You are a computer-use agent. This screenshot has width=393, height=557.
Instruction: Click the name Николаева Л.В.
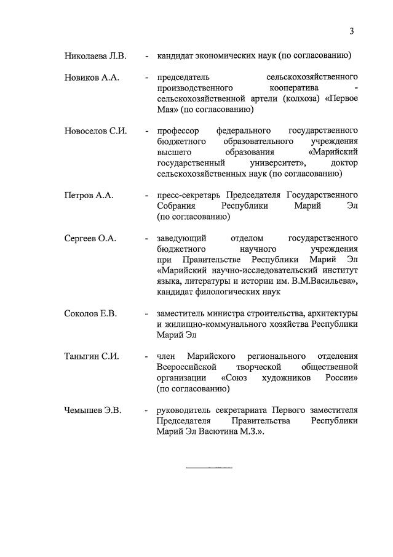point(95,56)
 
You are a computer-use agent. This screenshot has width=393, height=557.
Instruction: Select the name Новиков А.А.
point(92,78)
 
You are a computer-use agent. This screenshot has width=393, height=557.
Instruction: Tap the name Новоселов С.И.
point(95,131)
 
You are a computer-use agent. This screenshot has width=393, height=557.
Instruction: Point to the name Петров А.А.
point(89,195)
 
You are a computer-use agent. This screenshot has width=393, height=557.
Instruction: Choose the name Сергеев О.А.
point(90,238)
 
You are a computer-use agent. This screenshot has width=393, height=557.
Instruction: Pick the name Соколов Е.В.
point(90,313)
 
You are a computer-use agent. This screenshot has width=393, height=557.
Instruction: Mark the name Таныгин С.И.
point(92,356)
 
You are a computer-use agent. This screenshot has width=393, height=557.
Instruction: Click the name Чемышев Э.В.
point(93,410)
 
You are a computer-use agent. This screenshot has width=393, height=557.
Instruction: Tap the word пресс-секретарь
point(188,195)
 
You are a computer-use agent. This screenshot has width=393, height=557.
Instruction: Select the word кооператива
point(284,88)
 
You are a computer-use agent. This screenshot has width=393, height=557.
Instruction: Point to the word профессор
point(178,131)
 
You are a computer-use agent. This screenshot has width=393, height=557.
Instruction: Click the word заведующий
point(182,238)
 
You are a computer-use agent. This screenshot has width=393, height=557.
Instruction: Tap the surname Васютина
point(218,431)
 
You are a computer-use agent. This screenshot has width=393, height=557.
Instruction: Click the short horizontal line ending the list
point(209,468)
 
